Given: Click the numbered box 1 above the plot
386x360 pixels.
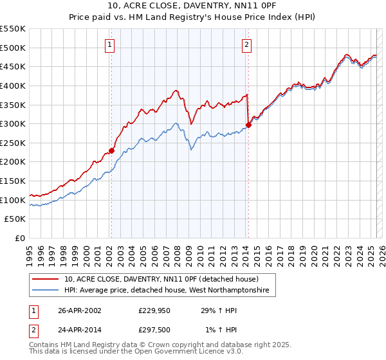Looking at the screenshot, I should click(x=111, y=45).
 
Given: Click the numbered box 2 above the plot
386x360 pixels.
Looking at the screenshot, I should click(x=247, y=45).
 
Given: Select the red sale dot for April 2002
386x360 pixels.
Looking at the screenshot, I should click(x=111, y=150).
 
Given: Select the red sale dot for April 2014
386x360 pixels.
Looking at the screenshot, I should click(x=248, y=125).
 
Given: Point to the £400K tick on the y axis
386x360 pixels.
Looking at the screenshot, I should click(x=14, y=85).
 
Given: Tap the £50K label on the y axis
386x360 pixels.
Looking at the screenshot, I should click(x=16, y=219).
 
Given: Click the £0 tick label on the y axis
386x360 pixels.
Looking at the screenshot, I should click(x=21, y=239).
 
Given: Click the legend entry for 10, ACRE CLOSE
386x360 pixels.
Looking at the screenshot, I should click(x=161, y=280).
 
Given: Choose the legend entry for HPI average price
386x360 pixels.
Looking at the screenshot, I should click(x=169, y=291).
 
